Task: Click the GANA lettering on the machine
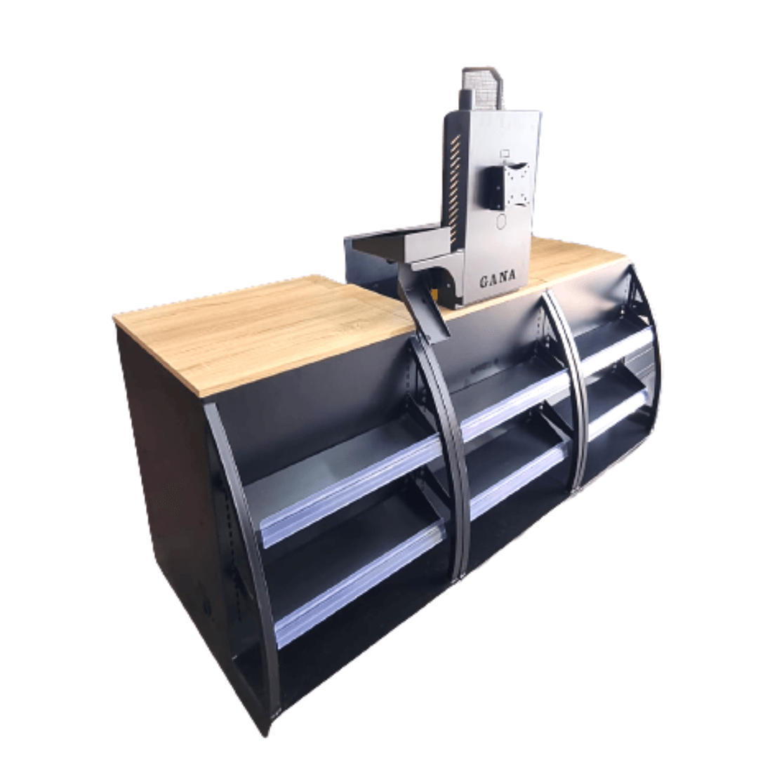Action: (498, 279)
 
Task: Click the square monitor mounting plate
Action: (516, 184)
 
